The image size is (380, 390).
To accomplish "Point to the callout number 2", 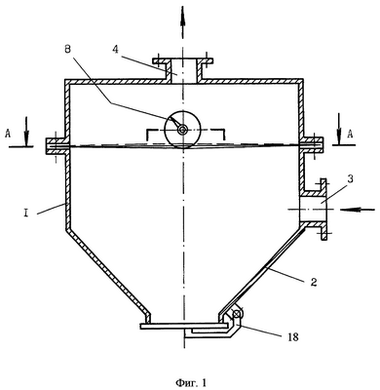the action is click(313, 282).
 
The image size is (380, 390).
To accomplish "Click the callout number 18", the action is click(292, 337).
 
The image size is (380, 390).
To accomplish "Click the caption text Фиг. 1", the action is click(191, 383).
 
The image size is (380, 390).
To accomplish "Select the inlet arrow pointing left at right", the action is click(358, 210).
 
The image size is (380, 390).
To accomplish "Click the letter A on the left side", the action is click(8, 134).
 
